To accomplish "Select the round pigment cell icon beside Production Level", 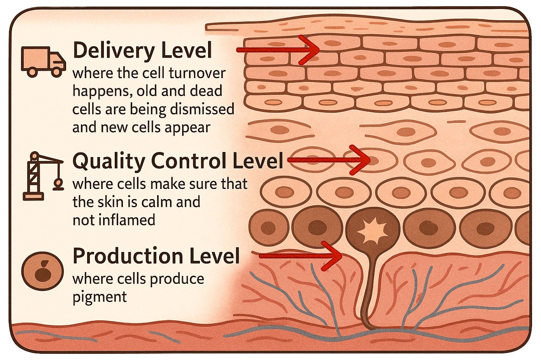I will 42,271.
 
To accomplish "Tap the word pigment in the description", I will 100,297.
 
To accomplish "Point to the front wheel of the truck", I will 57,72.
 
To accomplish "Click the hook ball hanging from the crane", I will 58,183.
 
